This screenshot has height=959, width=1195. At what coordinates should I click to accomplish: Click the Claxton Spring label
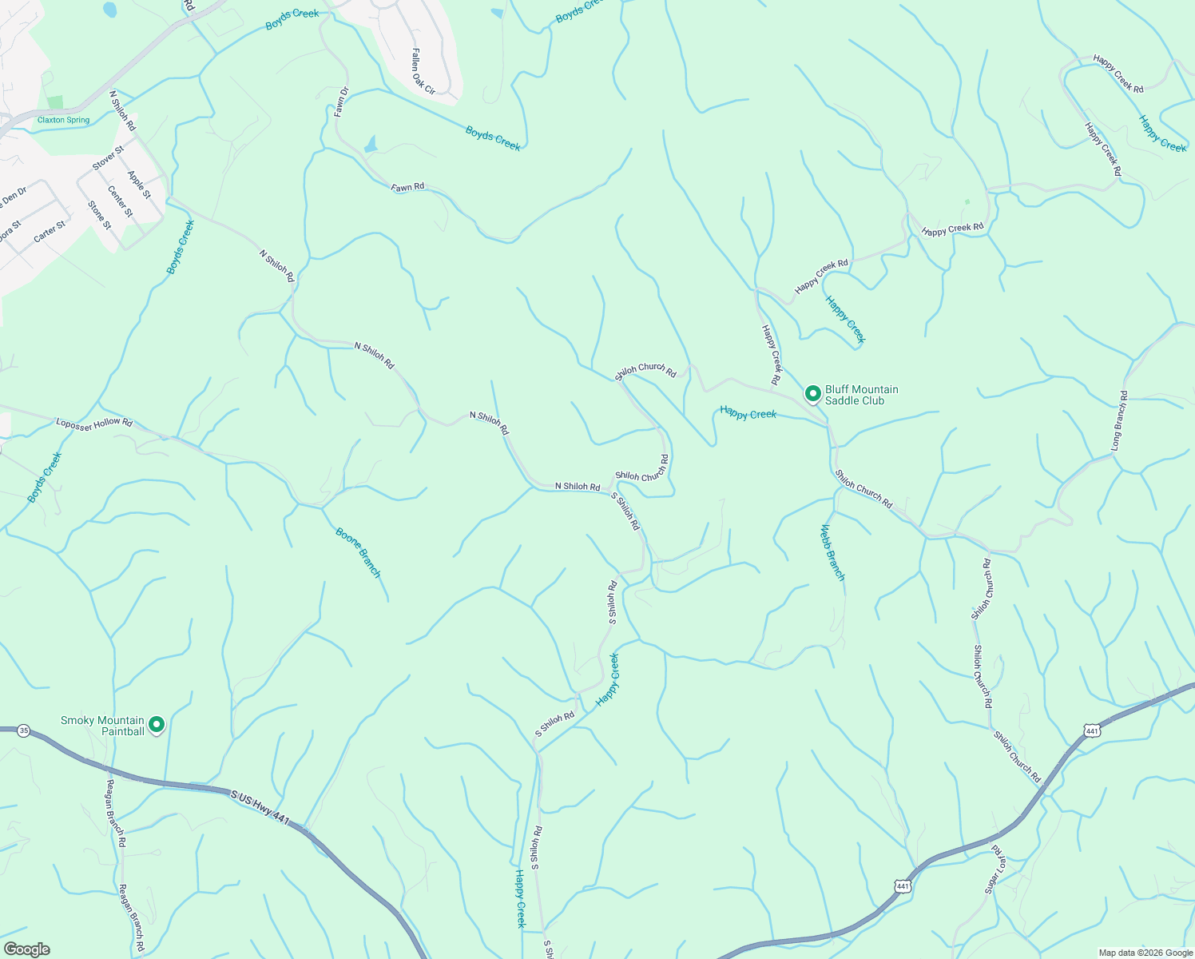[x=63, y=120]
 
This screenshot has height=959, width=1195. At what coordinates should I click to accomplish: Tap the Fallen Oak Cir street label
[x=423, y=71]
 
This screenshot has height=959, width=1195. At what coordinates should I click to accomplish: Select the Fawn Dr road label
[x=341, y=102]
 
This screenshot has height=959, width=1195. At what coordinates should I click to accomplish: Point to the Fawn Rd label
[x=407, y=188]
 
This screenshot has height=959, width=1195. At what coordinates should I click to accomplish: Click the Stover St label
[x=108, y=157]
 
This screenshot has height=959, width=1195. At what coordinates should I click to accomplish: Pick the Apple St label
[x=139, y=184]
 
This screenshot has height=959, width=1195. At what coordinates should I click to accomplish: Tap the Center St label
[x=120, y=201]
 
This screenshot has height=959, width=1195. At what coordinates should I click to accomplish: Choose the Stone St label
[x=100, y=215]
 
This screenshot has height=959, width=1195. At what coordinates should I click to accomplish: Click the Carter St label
[x=50, y=232]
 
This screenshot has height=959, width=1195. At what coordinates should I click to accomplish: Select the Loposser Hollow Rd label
[x=94, y=422]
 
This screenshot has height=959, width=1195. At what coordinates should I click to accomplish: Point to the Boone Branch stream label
[x=358, y=552]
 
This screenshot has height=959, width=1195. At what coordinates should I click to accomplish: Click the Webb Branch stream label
[x=832, y=552]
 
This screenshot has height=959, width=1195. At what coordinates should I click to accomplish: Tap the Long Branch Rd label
[x=1120, y=420]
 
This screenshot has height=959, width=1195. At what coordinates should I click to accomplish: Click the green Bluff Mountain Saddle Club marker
[x=812, y=393]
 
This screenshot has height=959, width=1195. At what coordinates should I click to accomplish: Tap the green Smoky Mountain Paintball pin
[x=157, y=725]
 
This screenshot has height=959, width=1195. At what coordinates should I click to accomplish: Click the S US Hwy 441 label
[x=260, y=806]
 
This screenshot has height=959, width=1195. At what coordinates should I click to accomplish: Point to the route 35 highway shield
[x=24, y=730]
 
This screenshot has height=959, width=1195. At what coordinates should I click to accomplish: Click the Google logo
[x=26, y=949]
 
